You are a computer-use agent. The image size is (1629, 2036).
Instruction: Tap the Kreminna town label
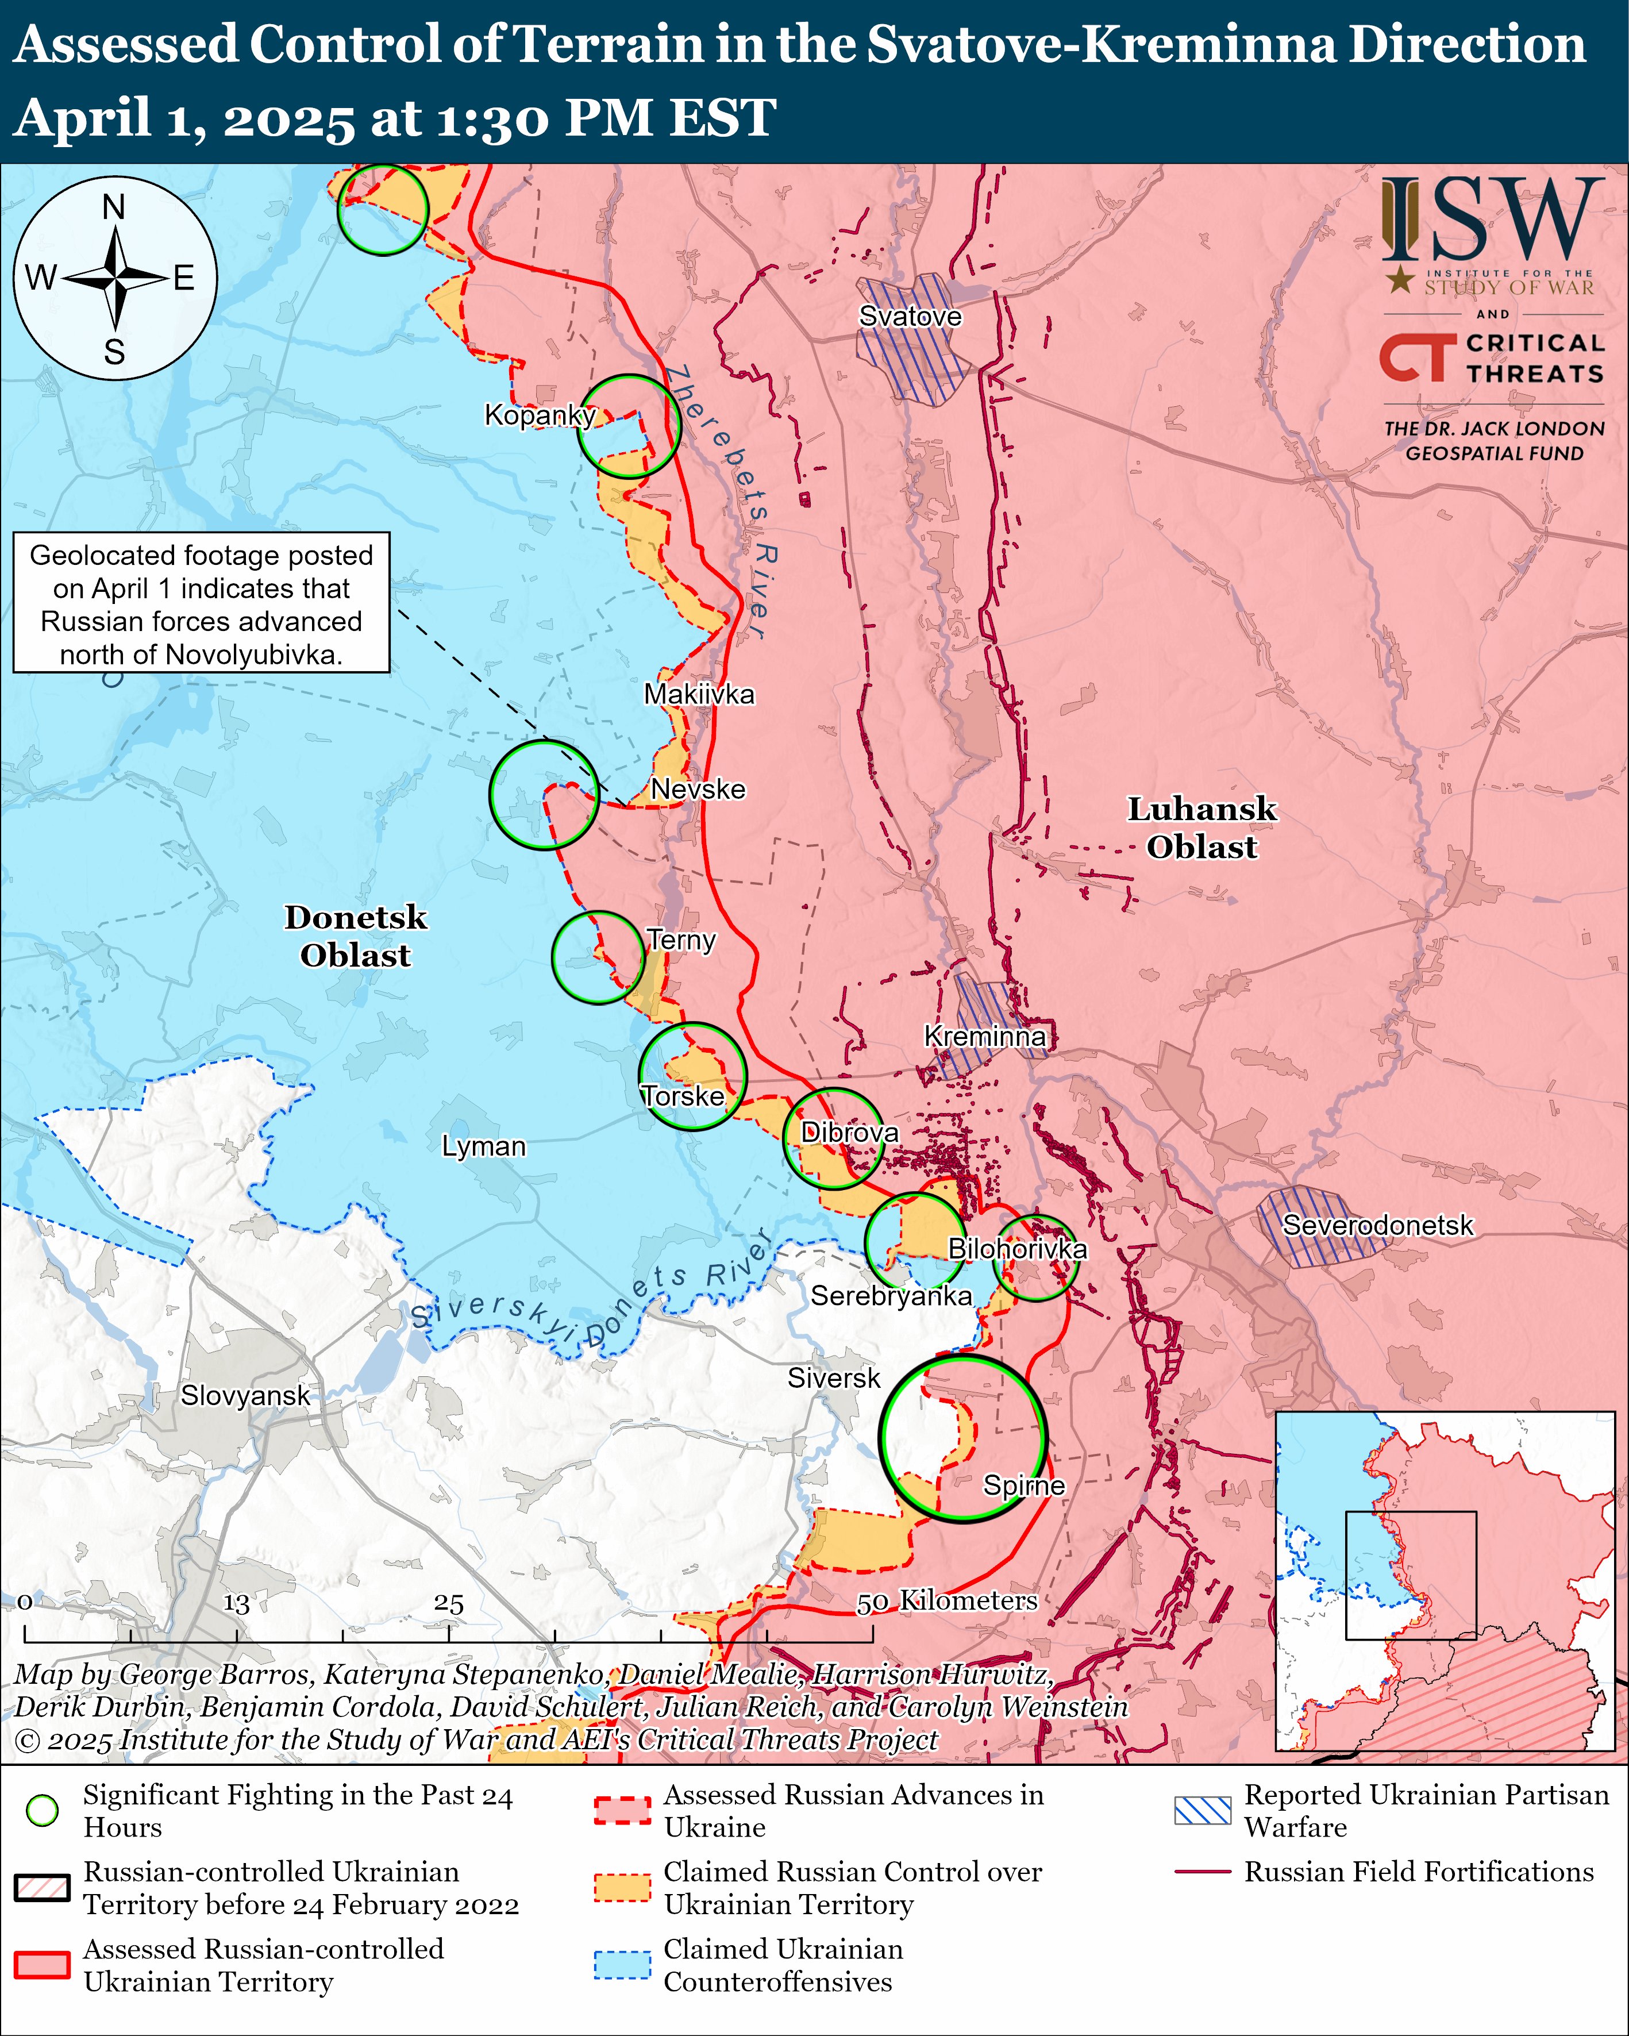pyautogui.click(x=984, y=1036)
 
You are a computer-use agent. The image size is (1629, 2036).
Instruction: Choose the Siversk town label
pyautogui.click(x=833, y=1378)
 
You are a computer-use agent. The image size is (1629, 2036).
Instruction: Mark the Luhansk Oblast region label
pyautogui.click(x=1201, y=828)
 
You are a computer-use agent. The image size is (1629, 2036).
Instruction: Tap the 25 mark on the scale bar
pyautogui.click(x=449, y=1603)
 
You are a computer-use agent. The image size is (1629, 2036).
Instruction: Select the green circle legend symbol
pyautogui.click(x=43, y=1810)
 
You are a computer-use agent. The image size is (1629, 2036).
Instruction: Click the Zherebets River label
pyautogui.click(x=722, y=501)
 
